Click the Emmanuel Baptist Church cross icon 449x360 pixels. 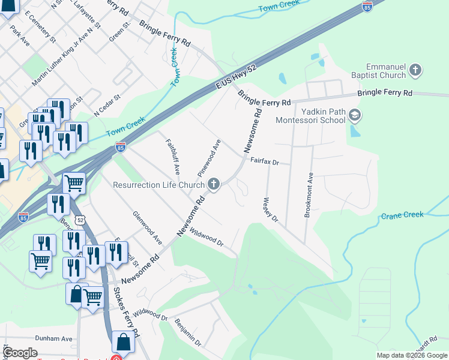pos(415,71)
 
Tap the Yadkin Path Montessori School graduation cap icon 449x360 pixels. pos(355,115)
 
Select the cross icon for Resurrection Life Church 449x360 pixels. pos(213,185)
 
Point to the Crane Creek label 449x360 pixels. pos(402,214)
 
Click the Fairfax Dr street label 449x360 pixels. pos(265,161)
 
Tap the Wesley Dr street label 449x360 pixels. pos(271,210)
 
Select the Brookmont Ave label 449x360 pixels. pos(309,196)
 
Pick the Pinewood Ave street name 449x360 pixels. pos(209,155)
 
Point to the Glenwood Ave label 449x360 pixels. pos(148,227)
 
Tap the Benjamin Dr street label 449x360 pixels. pos(188,332)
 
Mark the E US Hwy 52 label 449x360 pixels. pos(236,79)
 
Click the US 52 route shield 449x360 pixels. pos(79,221)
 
